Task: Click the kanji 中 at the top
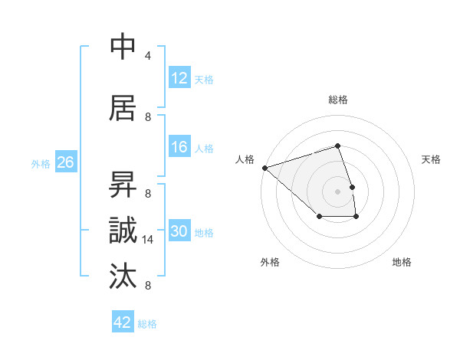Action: point(124,47)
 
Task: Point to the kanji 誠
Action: point(124,230)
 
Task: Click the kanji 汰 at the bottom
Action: point(124,276)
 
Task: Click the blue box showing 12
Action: point(179,78)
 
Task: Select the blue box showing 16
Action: point(179,147)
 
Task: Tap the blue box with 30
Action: point(179,231)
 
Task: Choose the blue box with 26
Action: point(65,162)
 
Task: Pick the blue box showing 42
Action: point(123,322)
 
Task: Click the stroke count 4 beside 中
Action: point(148,55)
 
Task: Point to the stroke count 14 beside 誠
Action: point(148,240)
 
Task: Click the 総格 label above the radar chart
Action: point(338,100)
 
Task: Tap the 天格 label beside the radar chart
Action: point(431,159)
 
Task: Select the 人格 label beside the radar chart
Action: point(245,159)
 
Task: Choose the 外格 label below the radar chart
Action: point(270,262)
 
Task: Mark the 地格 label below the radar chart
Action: point(402,262)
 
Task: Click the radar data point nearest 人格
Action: point(264,167)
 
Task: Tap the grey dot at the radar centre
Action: point(337,191)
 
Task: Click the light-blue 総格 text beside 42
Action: point(147,324)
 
